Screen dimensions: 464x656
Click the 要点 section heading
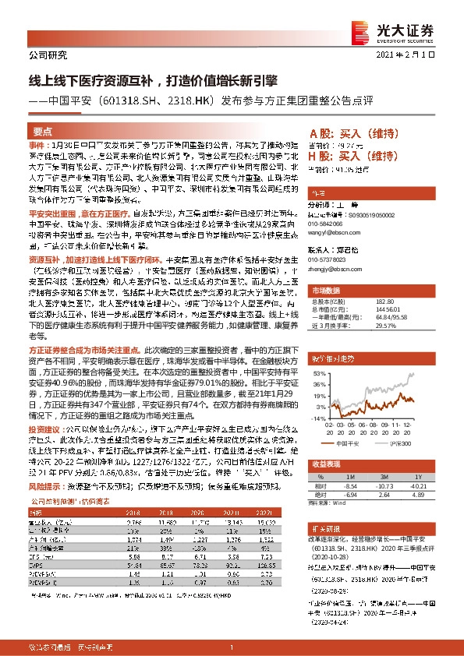click(x=44, y=131)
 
